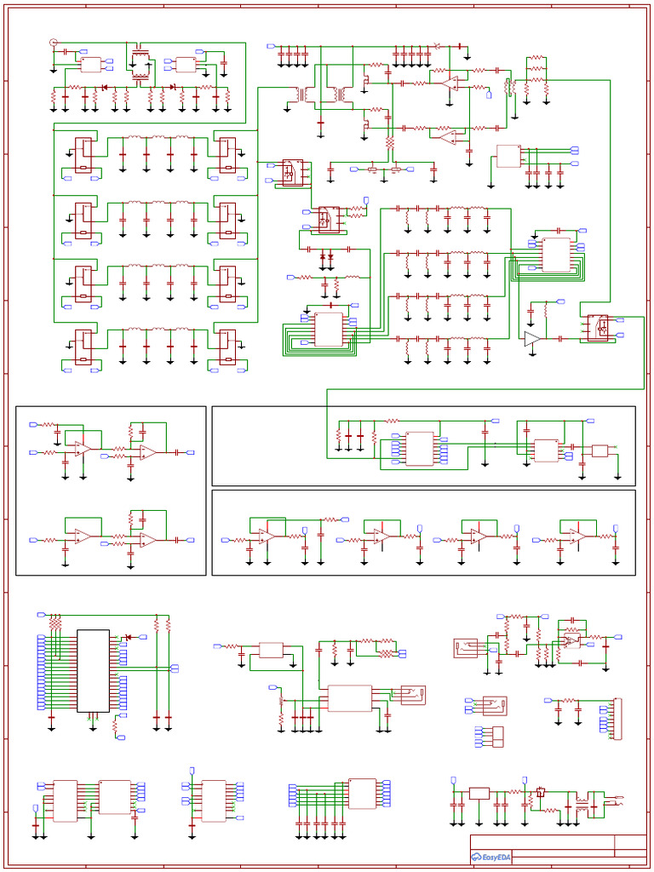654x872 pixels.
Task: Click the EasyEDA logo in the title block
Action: (x=491, y=857)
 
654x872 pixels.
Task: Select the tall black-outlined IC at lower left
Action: (x=93, y=670)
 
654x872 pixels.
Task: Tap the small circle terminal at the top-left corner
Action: (x=54, y=42)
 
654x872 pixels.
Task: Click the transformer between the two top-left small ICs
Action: (x=139, y=65)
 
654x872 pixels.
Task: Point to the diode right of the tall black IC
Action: (x=129, y=637)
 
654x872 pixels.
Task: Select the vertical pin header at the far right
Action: (x=617, y=718)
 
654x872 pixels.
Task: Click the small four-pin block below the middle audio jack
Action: (x=491, y=737)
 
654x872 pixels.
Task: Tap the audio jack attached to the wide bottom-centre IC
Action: (x=413, y=695)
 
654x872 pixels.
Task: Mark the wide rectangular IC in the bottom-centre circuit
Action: (x=349, y=698)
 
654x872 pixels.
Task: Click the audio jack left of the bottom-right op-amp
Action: (x=468, y=649)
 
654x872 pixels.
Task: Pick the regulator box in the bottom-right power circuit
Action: (x=479, y=793)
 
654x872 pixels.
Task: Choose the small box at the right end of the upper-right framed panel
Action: (x=599, y=450)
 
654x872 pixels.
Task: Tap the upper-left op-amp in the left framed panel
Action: (x=81, y=447)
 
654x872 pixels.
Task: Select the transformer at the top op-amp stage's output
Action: (x=509, y=87)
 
